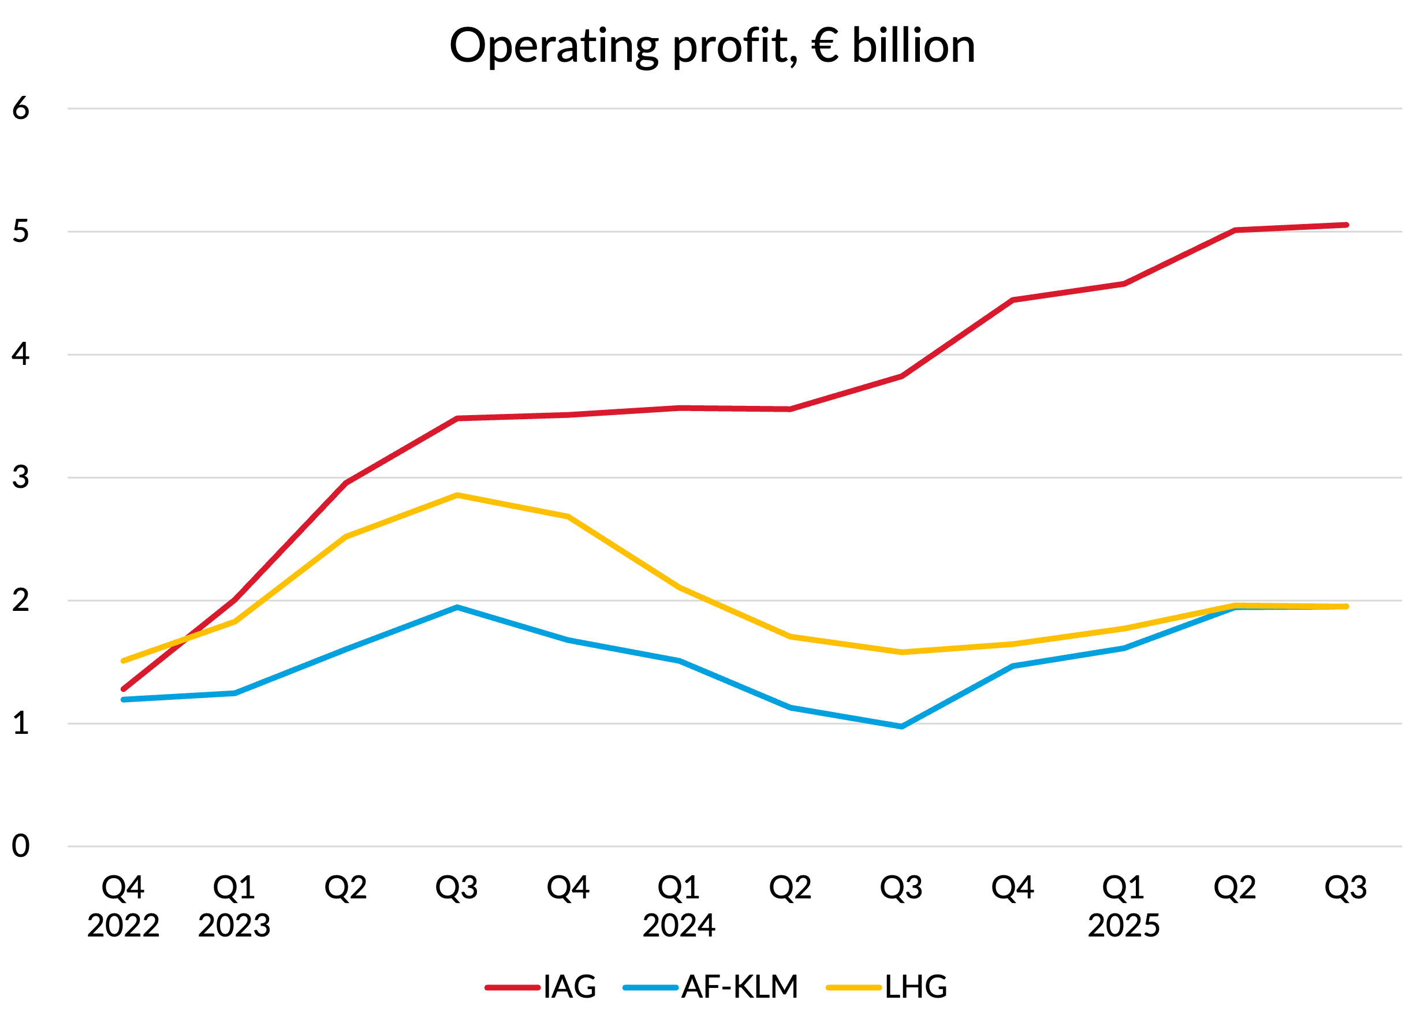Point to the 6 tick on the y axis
point(21,109)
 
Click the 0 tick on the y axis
point(21,846)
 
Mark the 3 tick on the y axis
point(21,477)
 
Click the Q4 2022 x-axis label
point(123,906)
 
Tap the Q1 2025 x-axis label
point(1124,906)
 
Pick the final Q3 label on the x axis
point(1345,888)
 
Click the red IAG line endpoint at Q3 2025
point(1346,225)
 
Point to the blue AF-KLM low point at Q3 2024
point(901,727)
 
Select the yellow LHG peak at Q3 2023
point(457,495)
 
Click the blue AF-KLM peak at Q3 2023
point(457,607)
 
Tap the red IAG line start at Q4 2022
point(124,689)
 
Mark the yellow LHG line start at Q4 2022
point(124,661)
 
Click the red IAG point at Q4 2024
point(1012,300)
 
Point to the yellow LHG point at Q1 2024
point(680,587)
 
